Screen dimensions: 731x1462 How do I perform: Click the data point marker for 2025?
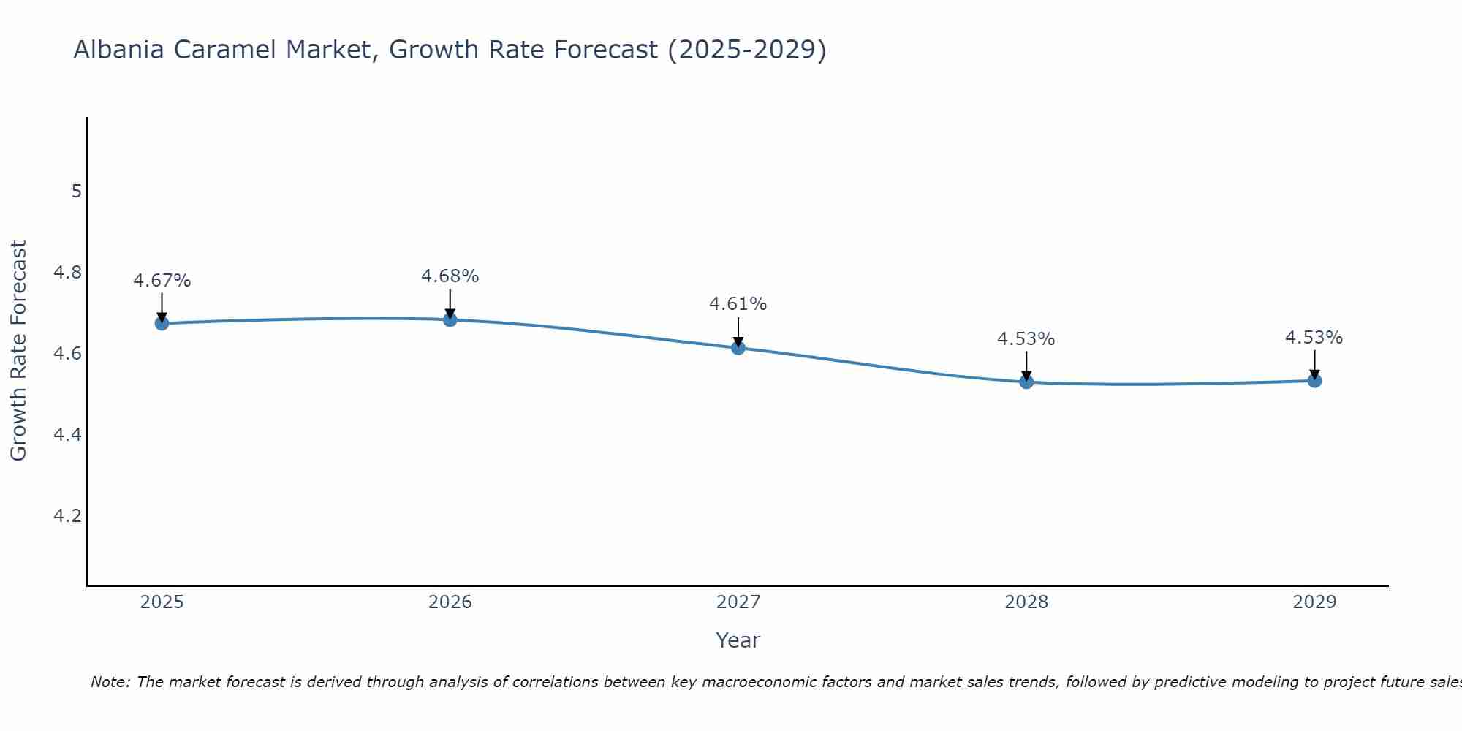click(162, 323)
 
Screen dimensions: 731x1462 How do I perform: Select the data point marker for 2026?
click(450, 319)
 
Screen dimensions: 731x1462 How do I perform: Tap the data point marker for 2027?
click(738, 347)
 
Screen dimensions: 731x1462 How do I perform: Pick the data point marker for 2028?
click(1026, 382)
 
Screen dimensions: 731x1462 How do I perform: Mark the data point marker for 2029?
click(1314, 380)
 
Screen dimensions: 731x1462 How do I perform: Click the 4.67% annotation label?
click(162, 281)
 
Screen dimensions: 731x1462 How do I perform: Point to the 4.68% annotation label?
click(450, 276)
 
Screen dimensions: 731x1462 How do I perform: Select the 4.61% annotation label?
click(738, 304)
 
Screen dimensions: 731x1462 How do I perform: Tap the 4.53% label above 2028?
click(1026, 339)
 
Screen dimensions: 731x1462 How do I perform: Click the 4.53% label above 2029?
click(1314, 338)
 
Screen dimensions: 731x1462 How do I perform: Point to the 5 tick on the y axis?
click(76, 192)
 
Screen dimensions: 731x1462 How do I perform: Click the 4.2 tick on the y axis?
click(67, 516)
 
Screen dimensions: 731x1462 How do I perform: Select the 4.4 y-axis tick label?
click(67, 435)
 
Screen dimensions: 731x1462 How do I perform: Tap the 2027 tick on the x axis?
click(738, 602)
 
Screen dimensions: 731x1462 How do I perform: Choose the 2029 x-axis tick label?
click(1314, 602)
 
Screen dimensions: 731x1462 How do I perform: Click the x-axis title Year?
click(738, 640)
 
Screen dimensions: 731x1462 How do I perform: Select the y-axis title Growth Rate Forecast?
click(18, 351)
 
